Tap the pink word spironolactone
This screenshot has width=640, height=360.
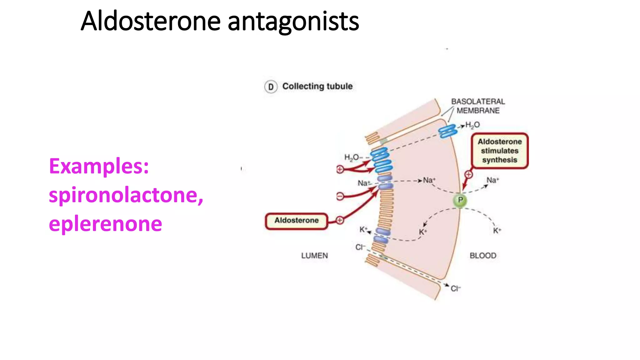(126, 195)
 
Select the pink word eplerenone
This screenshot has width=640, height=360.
(105, 224)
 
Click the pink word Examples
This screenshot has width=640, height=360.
(99, 166)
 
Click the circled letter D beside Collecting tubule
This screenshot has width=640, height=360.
(271, 87)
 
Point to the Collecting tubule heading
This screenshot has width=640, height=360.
(317, 86)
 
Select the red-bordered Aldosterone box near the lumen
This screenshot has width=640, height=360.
(296, 221)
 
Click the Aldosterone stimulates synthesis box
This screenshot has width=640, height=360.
(499, 151)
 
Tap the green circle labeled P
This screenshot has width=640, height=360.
(460, 200)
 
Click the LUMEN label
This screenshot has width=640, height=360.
(314, 256)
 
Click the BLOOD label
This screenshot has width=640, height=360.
(483, 256)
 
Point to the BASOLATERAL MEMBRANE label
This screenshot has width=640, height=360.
(478, 106)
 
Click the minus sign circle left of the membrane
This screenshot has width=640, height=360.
(340, 196)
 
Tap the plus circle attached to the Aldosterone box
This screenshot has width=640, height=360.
(340, 220)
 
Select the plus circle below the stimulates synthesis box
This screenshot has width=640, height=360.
(468, 174)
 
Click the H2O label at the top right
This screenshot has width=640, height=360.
(472, 125)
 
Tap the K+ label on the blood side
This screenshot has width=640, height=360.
(497, 231)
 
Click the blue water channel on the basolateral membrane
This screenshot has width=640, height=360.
(447, 131)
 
